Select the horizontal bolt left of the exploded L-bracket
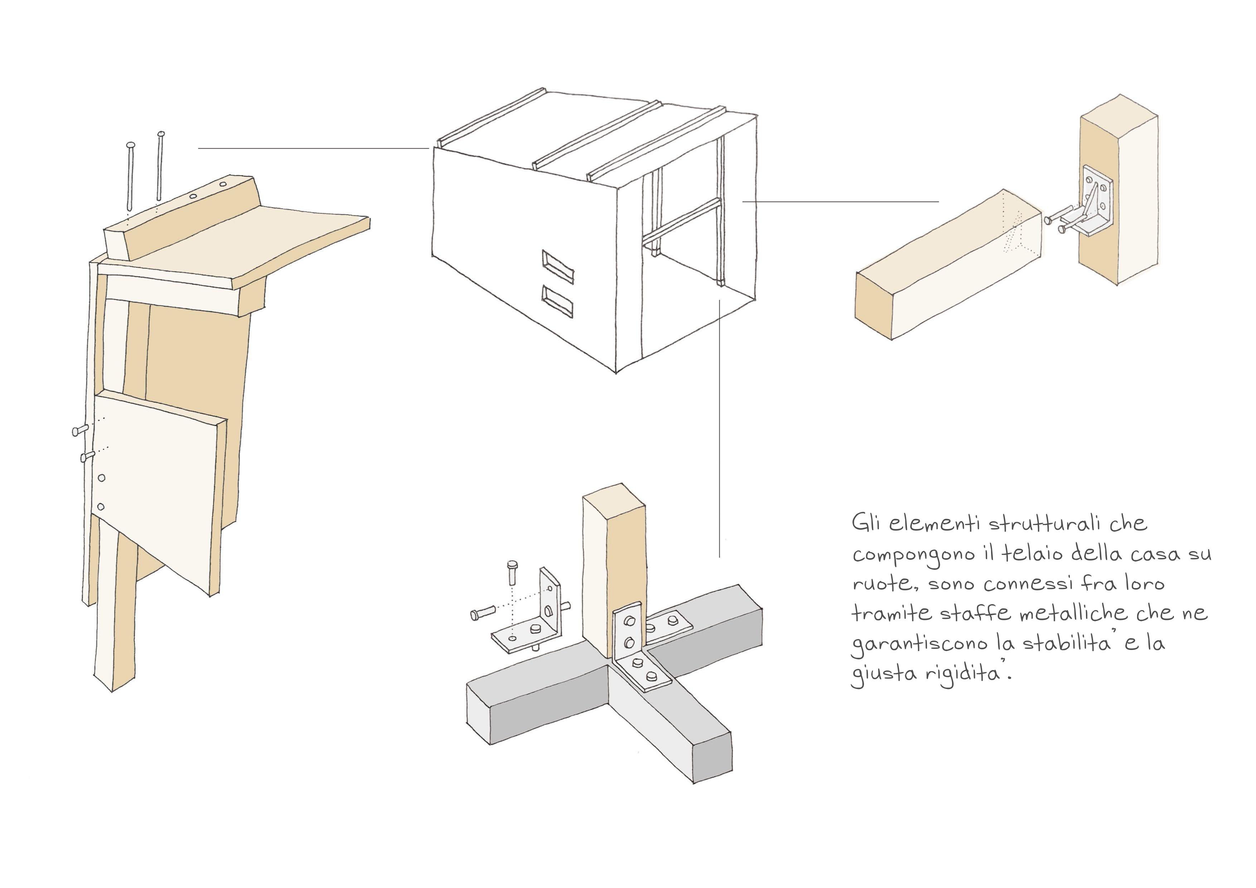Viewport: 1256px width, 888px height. tap(483, 612)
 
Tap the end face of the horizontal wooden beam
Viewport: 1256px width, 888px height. tap(874, 307)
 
